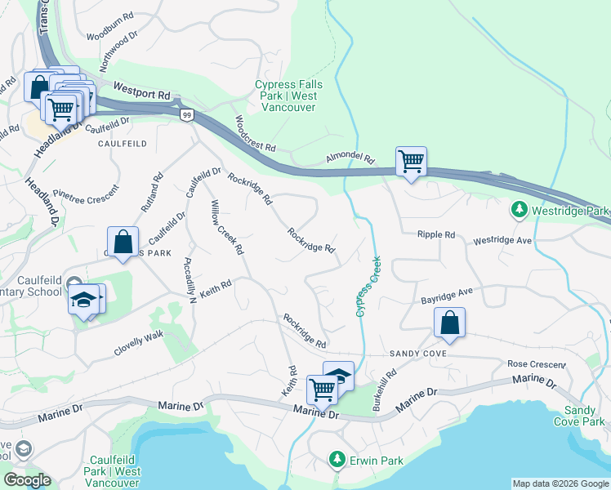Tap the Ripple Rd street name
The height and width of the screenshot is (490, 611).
pos(435,234)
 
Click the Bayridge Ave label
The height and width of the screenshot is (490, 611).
pos(447,295)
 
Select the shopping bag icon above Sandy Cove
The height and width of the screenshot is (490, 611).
pos(449,323)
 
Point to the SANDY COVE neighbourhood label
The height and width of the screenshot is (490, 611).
pos(417,353)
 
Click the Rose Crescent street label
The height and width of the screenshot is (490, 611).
pos(536,363)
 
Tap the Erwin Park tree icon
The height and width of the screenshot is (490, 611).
pos(337,461)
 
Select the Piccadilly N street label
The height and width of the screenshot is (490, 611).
pos(190,281)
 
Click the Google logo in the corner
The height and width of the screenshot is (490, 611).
pos(27,480)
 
